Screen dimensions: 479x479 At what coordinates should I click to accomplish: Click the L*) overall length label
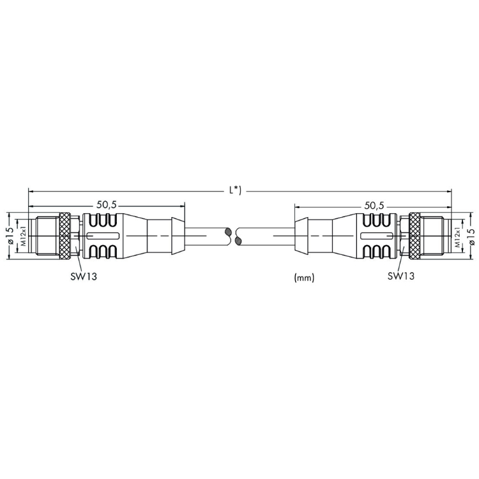(235, 190)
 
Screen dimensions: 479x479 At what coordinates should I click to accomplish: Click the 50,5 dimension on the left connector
(107, 205)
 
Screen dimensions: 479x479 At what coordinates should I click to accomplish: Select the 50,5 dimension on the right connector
(374, 206)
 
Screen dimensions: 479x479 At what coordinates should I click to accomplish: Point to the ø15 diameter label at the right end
(472, 236)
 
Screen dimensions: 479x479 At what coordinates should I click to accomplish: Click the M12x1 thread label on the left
(24, 236)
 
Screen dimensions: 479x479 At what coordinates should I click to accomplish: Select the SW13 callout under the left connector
(84, 277)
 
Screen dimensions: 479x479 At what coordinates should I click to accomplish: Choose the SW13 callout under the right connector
(401, 276)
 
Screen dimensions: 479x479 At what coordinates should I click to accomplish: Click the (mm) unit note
(304, 277)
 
